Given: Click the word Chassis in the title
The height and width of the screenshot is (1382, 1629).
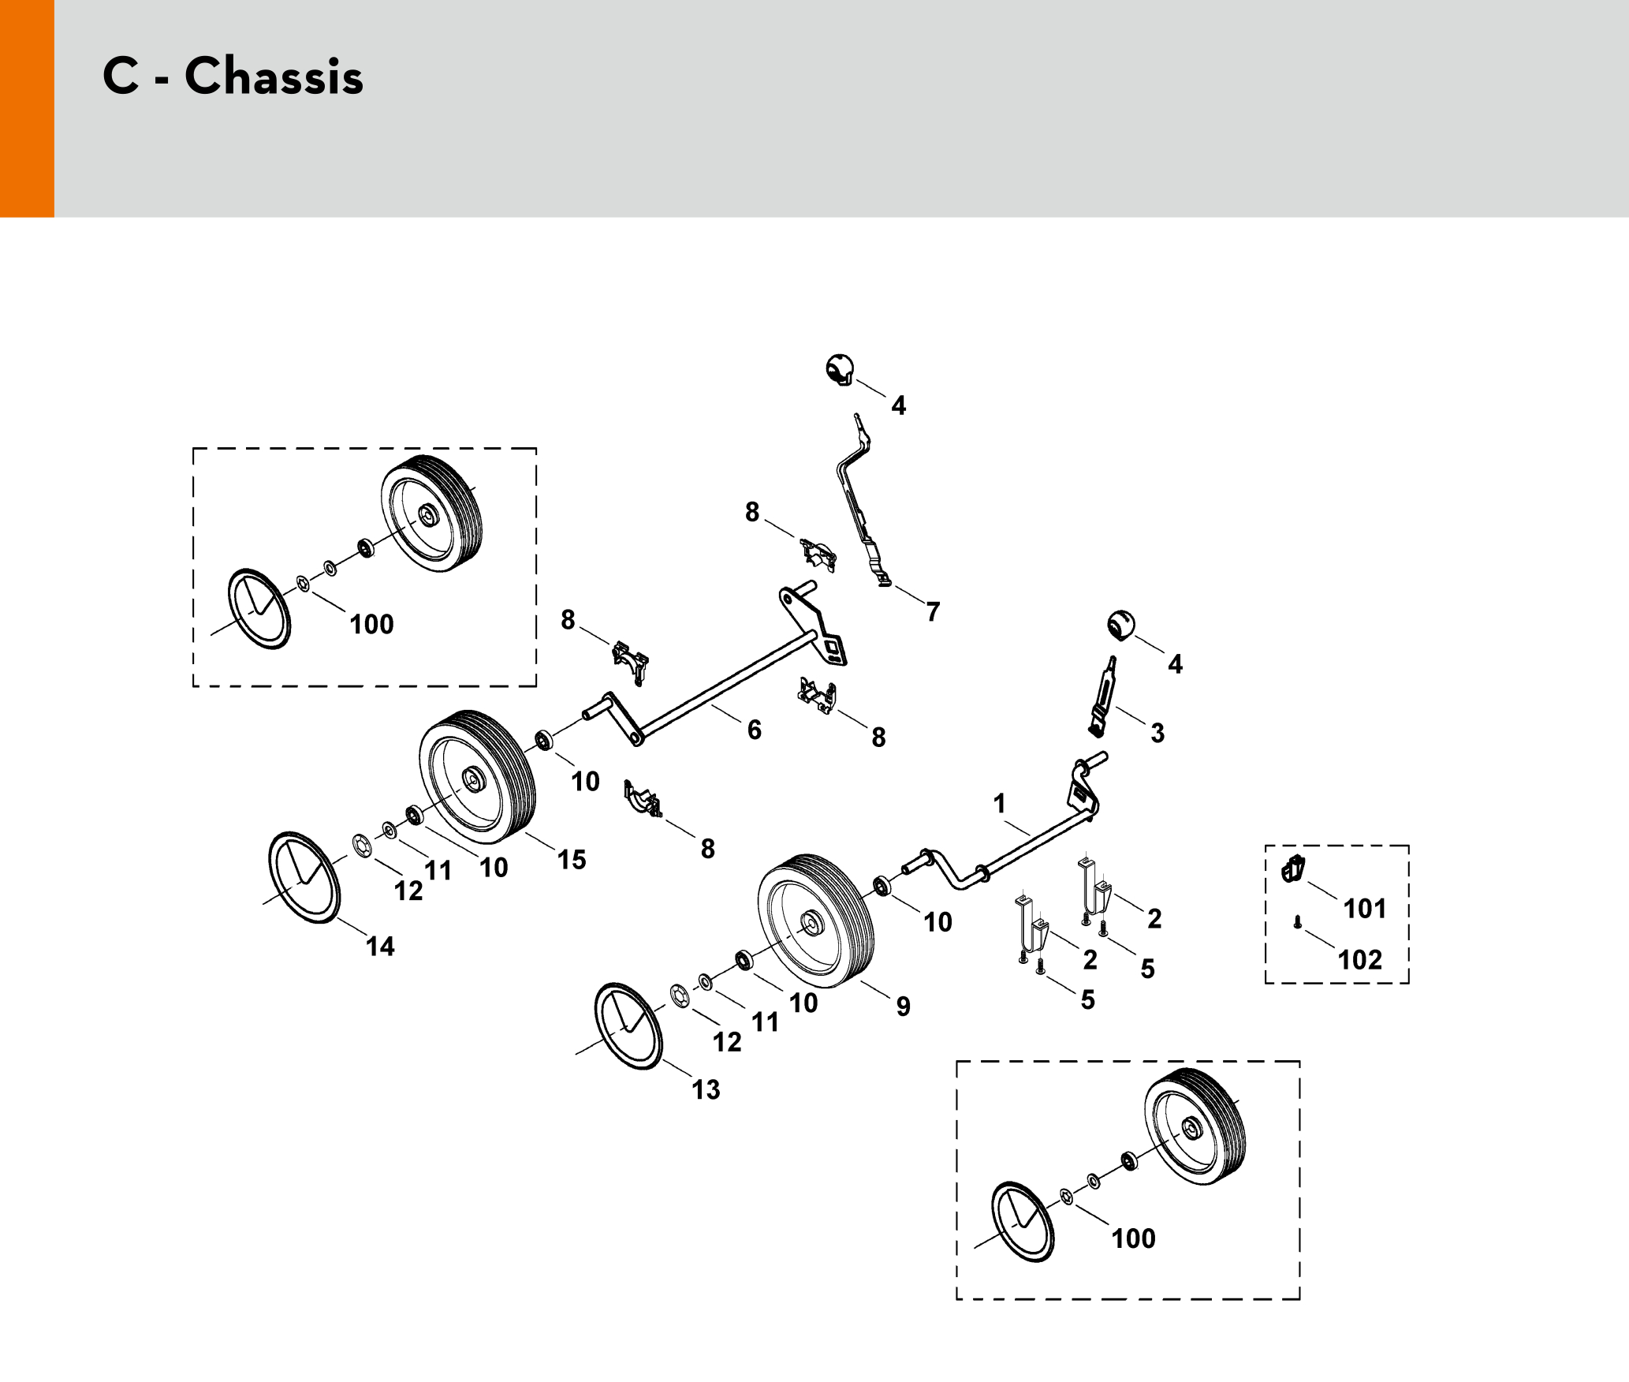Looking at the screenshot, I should pos(274,77).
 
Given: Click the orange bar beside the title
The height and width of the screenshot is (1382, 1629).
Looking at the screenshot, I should pos(27,108).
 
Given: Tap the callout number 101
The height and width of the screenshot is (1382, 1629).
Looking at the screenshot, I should pos(1365,909).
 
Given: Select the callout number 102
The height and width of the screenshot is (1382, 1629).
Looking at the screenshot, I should pos(1360,960).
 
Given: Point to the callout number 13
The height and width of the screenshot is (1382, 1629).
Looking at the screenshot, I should pos(706,1090).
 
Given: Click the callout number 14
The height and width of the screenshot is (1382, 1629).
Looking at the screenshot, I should pos(380,947).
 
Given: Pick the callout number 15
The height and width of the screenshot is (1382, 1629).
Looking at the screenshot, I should pos(572,860).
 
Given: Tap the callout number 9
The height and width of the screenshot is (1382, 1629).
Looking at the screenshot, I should pos(904,1007).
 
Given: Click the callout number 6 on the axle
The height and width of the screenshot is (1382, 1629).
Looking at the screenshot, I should pos(755,730).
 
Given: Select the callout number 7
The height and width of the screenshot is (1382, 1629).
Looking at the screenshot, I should pos(934,612).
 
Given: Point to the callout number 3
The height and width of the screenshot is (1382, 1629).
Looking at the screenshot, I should pos(1157,733).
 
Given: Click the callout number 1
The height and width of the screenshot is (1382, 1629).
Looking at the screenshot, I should pos(1000,804).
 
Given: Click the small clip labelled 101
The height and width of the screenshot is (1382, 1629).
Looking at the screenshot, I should pos(1293,869).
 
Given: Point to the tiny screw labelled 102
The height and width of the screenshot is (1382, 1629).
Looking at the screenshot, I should pos(1297,922).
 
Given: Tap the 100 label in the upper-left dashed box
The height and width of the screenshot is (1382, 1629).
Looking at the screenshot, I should pos(371,625).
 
